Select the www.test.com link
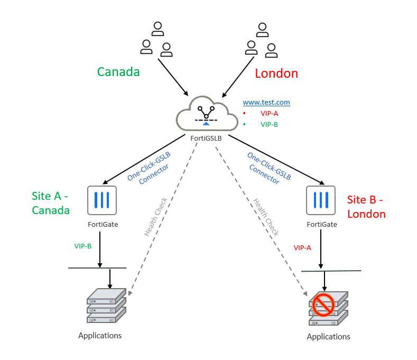266,103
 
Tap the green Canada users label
118,72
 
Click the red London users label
276,73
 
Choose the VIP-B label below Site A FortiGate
83,246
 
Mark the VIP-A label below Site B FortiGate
302,247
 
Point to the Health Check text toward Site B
265,217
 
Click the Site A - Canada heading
51,204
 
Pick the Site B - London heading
366,207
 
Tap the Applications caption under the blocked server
328,337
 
